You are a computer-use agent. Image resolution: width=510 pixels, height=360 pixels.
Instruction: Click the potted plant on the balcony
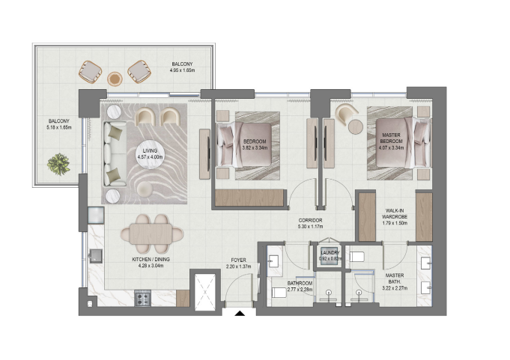(58, 164)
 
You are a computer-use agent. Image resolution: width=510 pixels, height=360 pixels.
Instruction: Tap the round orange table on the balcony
(115, 79)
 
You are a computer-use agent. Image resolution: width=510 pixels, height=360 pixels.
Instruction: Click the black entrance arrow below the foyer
(240, 313)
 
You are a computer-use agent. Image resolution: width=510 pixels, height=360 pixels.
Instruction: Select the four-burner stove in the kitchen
(143, 299)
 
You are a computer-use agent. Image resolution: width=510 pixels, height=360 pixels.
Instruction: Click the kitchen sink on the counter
(96, 256)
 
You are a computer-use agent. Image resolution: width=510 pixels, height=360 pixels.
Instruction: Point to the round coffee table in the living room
(150, 154)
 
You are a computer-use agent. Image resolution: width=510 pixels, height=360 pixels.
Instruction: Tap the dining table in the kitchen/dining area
(152, 234)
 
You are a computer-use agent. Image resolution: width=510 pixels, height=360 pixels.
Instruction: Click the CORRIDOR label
(310, 220)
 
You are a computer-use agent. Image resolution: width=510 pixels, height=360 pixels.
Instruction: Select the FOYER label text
(238, 260)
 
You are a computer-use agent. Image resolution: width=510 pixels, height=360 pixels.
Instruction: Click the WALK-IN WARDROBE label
(395, 213)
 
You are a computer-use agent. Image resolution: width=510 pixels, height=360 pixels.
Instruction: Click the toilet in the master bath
(356, 257)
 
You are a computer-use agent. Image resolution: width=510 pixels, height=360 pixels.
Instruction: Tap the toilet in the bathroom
(279, 293)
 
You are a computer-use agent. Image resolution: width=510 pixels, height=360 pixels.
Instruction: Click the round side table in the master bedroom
(356, 126)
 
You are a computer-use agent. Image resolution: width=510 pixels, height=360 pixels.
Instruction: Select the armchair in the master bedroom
(346, 114)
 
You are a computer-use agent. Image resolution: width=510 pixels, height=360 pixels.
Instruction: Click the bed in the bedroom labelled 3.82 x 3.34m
(245, 144)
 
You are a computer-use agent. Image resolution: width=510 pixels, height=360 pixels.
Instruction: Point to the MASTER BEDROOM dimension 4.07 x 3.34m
(391, 147)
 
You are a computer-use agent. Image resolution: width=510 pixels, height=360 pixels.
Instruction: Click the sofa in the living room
(115, 153)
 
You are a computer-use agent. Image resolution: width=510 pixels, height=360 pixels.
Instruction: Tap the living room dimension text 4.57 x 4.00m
(150, 157)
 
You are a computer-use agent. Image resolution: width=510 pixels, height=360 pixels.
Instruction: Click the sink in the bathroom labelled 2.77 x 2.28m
(273, 260)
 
